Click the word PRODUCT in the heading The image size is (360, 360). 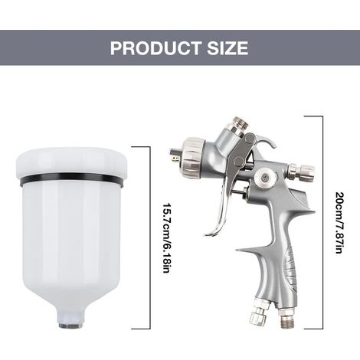coord(155,47)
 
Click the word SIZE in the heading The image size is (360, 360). coord(227,47)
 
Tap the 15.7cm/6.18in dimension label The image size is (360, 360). coord(166,238)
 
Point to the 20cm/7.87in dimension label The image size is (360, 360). coord(339,223)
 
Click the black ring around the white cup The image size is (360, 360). coord(71,179)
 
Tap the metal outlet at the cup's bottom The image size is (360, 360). coord(69,326)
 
